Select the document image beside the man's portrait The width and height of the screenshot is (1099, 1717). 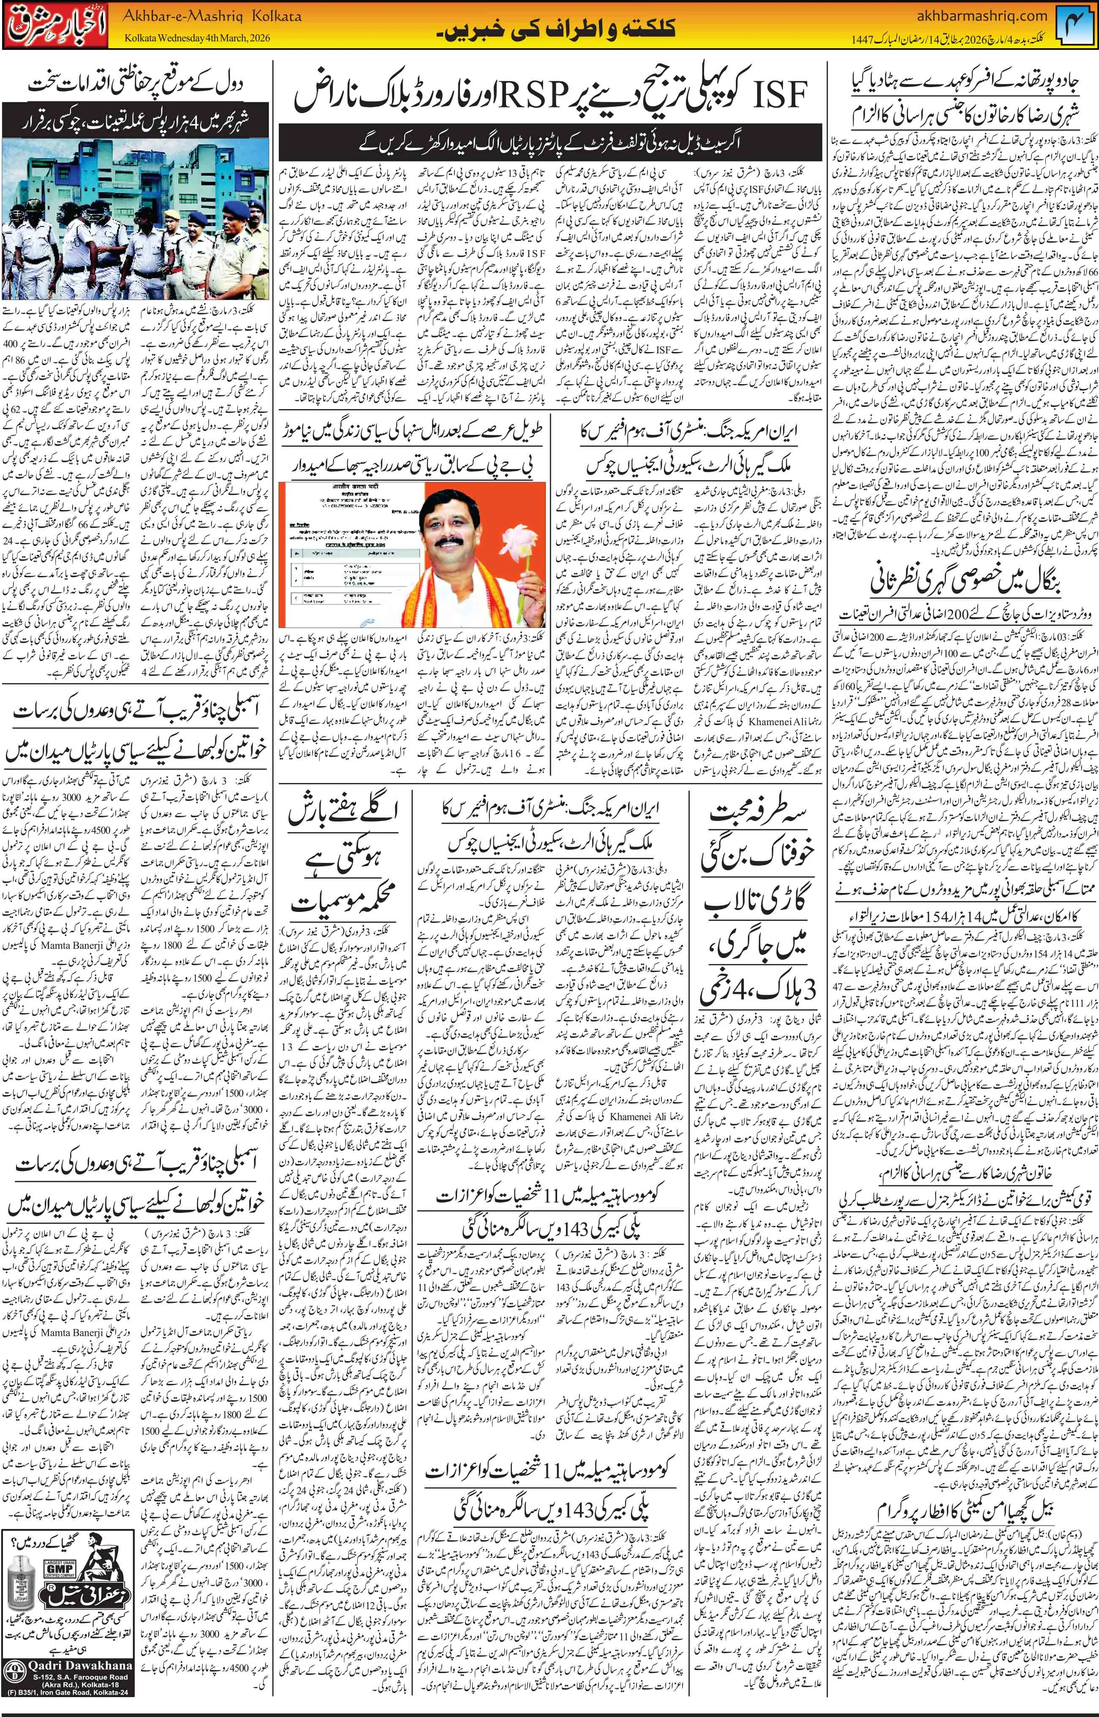click(x=328, y=544)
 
